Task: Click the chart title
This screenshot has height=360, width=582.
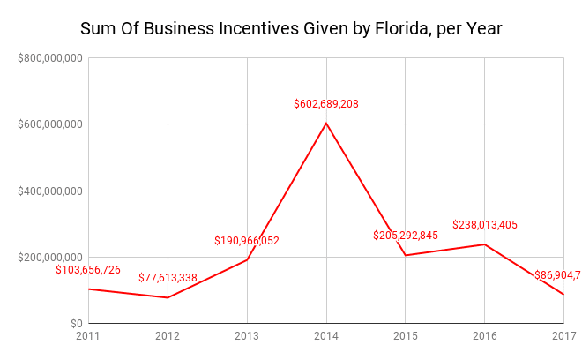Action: tap(291, 28)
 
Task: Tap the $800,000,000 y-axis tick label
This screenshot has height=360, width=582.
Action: tap(49, 58)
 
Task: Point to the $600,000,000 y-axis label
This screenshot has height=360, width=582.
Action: tap(49, 124)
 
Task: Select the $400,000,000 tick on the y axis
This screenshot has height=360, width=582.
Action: tap(49, 191)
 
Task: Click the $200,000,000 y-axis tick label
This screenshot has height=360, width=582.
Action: tap(49, 257)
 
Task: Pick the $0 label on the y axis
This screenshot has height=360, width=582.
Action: tap(76, 324)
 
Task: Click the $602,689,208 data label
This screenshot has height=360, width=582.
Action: tap(326, 104)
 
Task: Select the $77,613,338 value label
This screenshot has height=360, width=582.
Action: tap(168, 278)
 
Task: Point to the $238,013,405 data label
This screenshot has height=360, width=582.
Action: tap(485, 225)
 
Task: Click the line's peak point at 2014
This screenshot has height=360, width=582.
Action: tap(326, 123)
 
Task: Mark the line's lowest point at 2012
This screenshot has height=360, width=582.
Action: tap(168, 297)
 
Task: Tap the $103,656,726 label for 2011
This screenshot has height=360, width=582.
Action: tap(88, 270)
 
